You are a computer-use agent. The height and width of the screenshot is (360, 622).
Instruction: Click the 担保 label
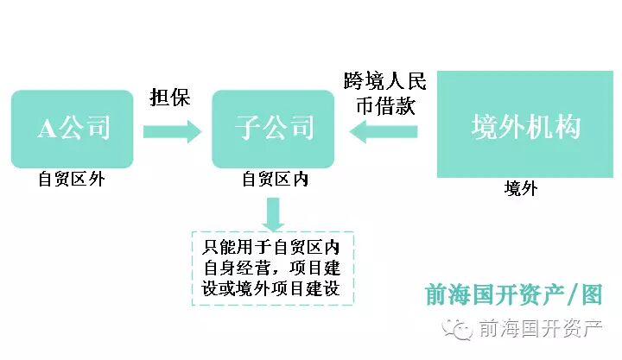[169, 97]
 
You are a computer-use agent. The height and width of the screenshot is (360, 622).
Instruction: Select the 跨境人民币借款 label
[384, 95]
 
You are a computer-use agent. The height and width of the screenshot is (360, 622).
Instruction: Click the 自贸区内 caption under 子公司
[275, 179]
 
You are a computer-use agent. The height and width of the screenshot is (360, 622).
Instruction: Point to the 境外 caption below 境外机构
[521, 188]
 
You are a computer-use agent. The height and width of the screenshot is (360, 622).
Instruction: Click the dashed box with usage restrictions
[273, 267]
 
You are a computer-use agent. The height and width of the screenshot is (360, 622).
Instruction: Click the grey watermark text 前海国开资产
[539, 330]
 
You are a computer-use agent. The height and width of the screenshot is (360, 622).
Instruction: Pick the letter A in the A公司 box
[46, 129]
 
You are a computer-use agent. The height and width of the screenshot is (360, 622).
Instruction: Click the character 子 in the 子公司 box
[248, 129]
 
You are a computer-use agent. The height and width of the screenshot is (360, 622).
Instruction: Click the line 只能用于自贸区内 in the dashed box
[273, 246]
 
